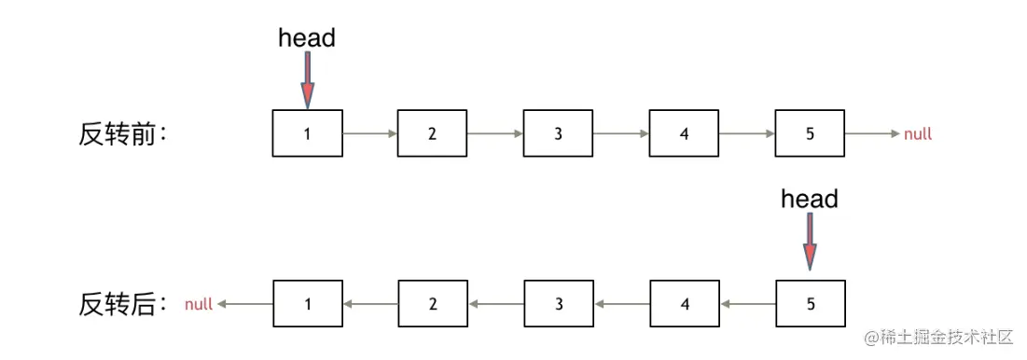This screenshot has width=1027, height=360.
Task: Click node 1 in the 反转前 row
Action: tap(308, 133)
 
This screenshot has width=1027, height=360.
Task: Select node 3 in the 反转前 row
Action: tap(558, 133)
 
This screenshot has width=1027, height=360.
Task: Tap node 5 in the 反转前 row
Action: tap(809, 133)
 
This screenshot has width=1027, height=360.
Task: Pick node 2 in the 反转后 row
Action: tap(433, 303)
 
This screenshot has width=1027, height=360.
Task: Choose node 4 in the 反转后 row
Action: tap(684, 303)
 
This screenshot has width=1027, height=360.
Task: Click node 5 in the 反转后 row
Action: tap(810, 303)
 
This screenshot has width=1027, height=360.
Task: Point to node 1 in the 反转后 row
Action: tap(308, 303)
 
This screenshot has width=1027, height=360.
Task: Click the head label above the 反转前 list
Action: tap(307, 38)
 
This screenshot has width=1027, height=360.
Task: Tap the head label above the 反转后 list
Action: tap(809, 199)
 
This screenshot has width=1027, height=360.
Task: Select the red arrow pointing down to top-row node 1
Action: tap(308, 80)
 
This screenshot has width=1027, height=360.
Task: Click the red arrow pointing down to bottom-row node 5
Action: tap(810, 245)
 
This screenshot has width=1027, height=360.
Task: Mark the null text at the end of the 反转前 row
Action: tap(918, 134)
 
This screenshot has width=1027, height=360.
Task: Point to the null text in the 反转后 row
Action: tap(199, 304)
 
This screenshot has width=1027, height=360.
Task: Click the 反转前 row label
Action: tap(122, 134)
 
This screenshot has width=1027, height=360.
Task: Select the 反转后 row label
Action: tap(122, 304)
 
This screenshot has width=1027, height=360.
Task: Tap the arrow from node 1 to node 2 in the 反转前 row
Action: tap(370, 134)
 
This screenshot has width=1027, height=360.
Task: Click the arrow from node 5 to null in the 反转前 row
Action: tap(873, 134)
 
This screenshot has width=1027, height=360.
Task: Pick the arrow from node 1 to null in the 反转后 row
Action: tap(244, 304)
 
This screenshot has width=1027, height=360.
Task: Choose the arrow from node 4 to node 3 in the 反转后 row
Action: tap(621, 304)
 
